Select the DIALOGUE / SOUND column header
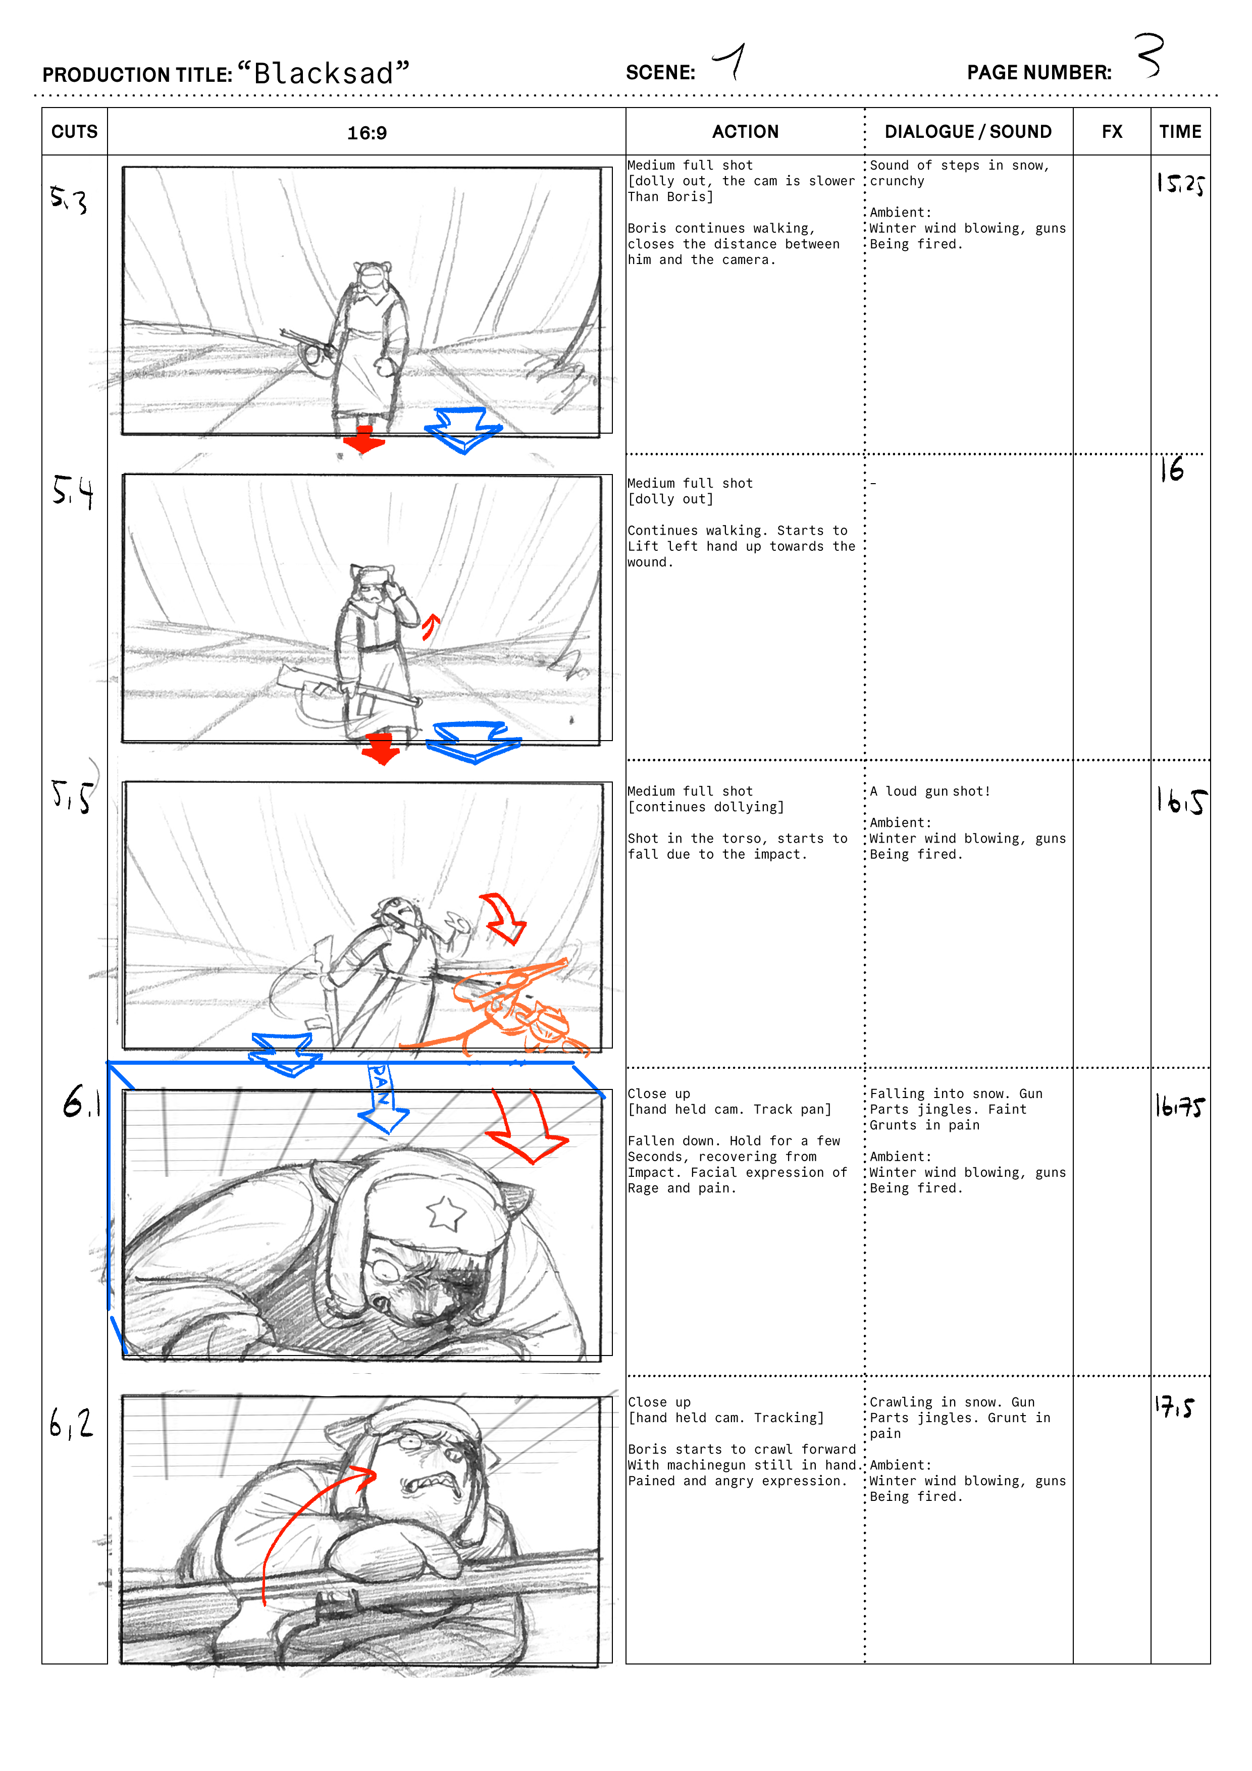968,132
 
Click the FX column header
1112,132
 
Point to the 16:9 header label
367,133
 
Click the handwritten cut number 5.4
73,491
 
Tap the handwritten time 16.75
1179,1106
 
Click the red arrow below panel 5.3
363,438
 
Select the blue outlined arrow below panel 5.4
474,742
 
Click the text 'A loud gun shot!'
929,792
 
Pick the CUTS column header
75,132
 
